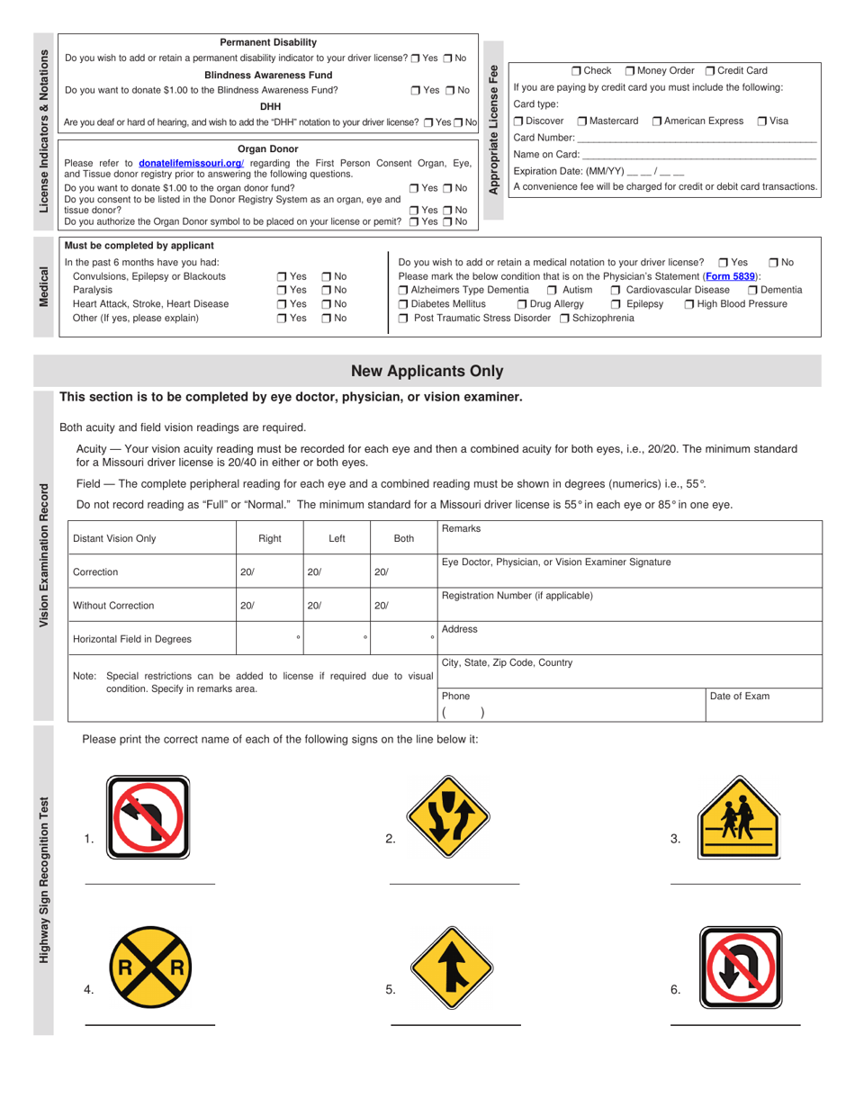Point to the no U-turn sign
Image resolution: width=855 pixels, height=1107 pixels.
click(736, 969)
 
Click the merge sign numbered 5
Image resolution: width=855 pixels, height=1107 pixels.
click(441, 969)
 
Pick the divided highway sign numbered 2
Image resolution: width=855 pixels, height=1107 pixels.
click(441, 818)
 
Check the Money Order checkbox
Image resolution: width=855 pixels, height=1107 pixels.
click(630, 70)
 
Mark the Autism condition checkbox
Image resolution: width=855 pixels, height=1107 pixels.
click(553, 290)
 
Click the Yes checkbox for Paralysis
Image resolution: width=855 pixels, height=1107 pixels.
click(282, 290)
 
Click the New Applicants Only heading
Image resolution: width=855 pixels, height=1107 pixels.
click(427, 371)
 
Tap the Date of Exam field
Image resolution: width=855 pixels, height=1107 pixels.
click(763, 705)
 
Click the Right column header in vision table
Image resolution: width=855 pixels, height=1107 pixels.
click(270, 538)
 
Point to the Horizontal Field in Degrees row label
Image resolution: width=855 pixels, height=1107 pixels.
click(132, 639)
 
